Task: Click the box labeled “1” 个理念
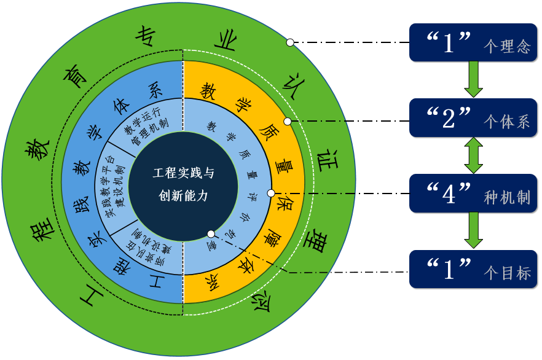[473, 42]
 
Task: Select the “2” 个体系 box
[473, 118]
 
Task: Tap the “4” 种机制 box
[473, 194]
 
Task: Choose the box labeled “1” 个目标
[473, 269]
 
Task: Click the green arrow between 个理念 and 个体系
[473, 79]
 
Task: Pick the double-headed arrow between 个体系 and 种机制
[473, 155]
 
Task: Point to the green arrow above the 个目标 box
[473, 230]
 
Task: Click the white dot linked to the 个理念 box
[289, 43]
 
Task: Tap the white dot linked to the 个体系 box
[287, 121]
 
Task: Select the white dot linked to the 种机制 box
[271, 194]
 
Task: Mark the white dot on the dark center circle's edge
[211, 234]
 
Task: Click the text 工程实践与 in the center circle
[184, 173]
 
